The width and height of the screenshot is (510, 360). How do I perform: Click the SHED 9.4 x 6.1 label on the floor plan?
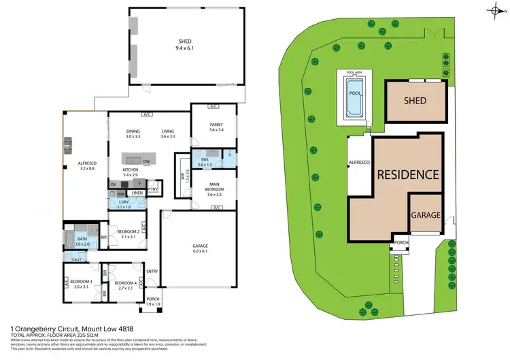[185, 44]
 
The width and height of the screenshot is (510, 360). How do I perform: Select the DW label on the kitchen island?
[146, 161]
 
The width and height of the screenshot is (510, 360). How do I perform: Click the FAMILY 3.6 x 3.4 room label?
[216, 127]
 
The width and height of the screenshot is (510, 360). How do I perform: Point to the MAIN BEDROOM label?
[216, 188]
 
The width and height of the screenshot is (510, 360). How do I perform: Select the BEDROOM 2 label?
[128, 233]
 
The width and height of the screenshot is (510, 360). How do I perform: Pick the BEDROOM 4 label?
[126, 285]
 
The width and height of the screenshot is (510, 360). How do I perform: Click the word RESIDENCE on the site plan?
[408, 174]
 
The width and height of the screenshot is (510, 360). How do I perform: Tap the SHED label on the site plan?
[415, 101]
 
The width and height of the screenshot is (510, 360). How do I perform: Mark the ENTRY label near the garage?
[152, 272]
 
